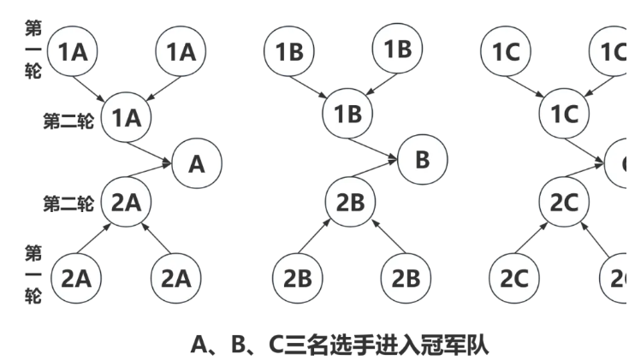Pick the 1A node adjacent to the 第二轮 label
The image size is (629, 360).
click(127, 119)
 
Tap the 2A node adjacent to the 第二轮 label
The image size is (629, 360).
click(127, 202)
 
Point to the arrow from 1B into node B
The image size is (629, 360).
click(383, 143)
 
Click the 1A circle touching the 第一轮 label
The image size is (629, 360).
click(73, 51)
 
